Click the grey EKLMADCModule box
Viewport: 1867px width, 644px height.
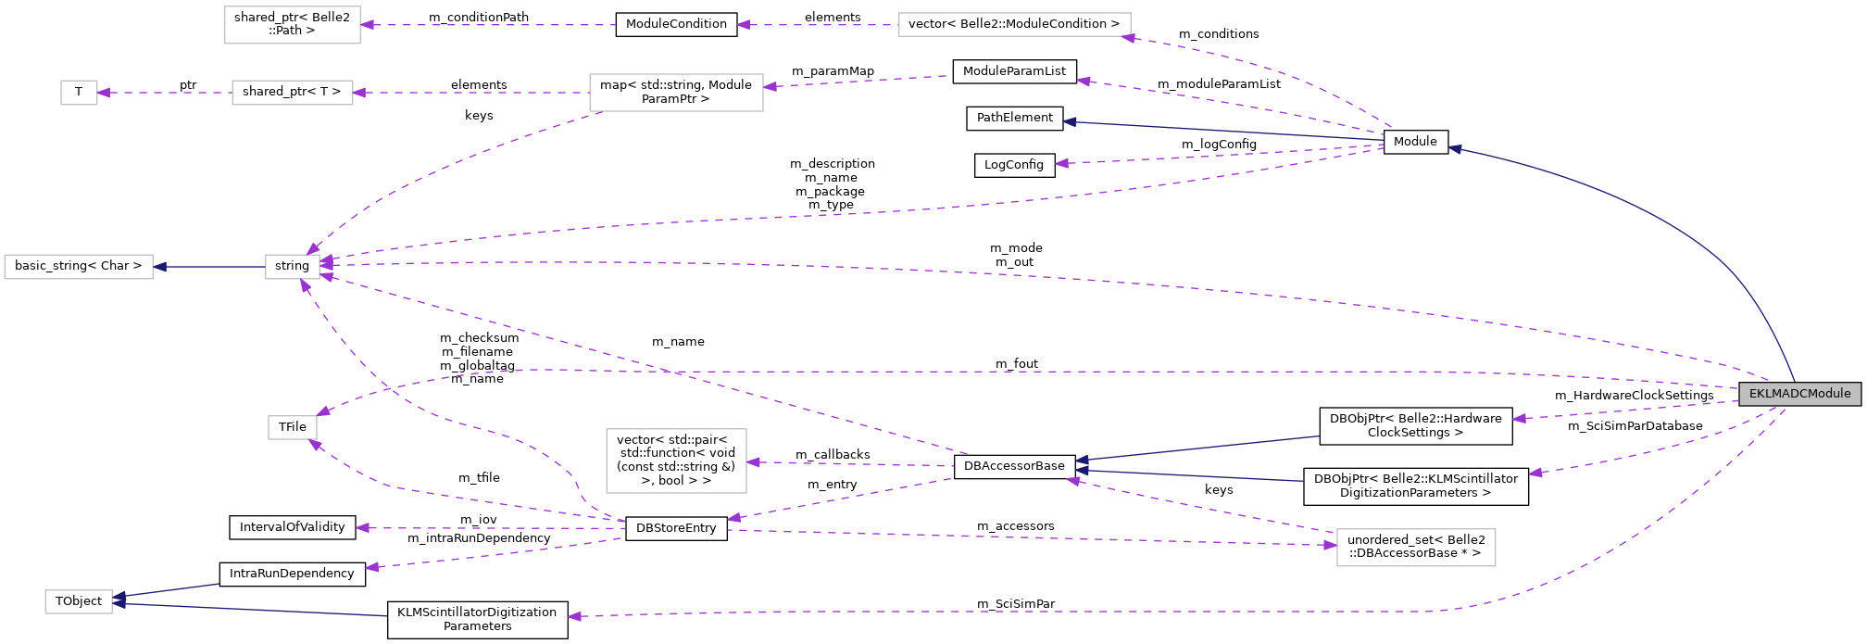tap(1799, 394)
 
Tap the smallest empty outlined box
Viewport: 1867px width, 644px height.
tap(79, 93)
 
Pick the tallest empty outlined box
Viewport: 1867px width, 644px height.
tap(676, 461)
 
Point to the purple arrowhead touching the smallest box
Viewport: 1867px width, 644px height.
tap(104, 93)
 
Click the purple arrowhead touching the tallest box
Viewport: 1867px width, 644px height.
tap(753, 462)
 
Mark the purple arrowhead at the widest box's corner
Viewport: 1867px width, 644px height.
tap(1127, 38)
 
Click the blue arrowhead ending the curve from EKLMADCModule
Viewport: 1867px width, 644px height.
tap(1455, 148)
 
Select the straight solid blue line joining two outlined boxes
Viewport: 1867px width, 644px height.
tap(209, 267)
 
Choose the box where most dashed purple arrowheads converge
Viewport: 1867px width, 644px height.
tap(293, 267)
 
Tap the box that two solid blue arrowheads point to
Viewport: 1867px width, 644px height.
tap(79, 601)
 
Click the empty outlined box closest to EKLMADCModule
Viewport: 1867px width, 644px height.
tap(1416, 548)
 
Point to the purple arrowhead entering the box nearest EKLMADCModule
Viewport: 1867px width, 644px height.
tap(1331, 545)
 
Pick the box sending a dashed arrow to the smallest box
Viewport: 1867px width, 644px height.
tap(292, 93)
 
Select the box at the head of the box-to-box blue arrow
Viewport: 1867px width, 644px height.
tap(79, 267)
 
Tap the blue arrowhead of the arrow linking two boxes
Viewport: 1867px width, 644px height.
tap(160, 267)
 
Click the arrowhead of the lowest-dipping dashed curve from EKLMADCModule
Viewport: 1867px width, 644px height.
tap(574, 616)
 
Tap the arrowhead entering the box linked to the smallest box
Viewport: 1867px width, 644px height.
tap(359, 93)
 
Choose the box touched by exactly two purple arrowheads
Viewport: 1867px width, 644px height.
tap(292, 427)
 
